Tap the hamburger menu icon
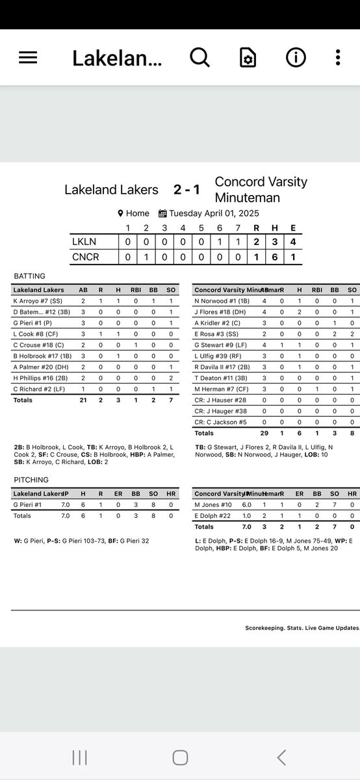tap(28, 58)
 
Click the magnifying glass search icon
tap(199, 58)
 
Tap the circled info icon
tap(296, 58)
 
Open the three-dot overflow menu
tap(338, 58)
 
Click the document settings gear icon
tap(248, 58)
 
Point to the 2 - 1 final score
tap(186, 190)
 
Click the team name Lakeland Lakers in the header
tap(111, 190)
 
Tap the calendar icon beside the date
tap(162, 213)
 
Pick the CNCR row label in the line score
tap(85, 257)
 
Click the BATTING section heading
tap(30, 276)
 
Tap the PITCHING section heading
tap(31, 480)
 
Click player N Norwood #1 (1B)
tap(221, 301)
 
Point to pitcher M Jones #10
tap(213, 504)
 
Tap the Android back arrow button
tap(281, 757)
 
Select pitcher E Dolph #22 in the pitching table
tap(212, 515)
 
